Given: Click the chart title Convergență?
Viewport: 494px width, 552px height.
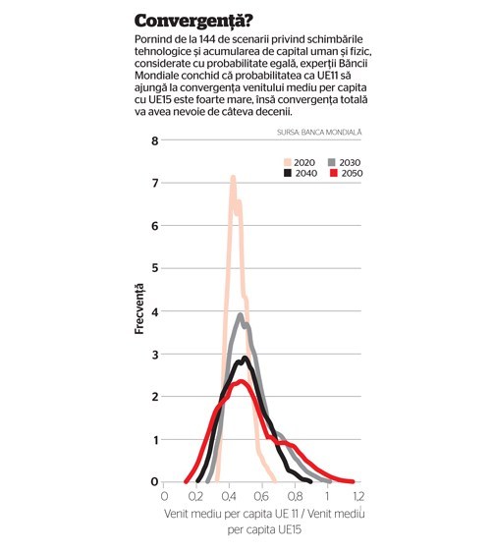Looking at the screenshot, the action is [x=193, y=22].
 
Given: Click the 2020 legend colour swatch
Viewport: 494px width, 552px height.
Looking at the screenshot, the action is [x=288, y=162].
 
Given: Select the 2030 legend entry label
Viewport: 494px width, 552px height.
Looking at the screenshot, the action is [x=350, y=162].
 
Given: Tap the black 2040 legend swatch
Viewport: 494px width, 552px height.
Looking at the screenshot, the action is [x=288, y=173].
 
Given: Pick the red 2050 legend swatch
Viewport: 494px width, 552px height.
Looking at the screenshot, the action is [x=334, y=173].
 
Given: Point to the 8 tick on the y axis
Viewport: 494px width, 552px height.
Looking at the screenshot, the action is [x=155, y=140].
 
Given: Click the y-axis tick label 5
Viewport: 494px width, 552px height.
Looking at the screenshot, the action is [x=155, y=268].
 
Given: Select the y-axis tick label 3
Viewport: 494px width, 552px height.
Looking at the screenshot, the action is [x=155, y=355].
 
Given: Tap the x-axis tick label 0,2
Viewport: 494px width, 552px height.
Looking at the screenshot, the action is [x=195, y=496].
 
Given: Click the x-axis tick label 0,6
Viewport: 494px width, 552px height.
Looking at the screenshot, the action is [x=261, y=496].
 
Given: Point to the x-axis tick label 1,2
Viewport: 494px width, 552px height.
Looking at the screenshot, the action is [x=358, y=496].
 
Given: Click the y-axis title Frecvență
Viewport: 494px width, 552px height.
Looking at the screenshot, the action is [x=139, y=308].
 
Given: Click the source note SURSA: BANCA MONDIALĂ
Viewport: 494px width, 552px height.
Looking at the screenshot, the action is [x=319, y=132].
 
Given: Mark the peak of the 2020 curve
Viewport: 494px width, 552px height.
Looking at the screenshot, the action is [x=233, y=177].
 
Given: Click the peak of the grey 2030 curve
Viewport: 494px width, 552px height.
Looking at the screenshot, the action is [x=241, y=314].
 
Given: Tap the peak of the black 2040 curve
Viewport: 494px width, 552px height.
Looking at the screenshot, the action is [x=246, y=359].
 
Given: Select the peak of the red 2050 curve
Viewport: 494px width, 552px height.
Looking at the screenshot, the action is [x=242, y=381].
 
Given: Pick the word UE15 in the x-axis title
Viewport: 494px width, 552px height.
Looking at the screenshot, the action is [x=290, y=529].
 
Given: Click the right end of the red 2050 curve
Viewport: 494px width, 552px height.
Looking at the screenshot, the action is [x=353, y=481].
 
